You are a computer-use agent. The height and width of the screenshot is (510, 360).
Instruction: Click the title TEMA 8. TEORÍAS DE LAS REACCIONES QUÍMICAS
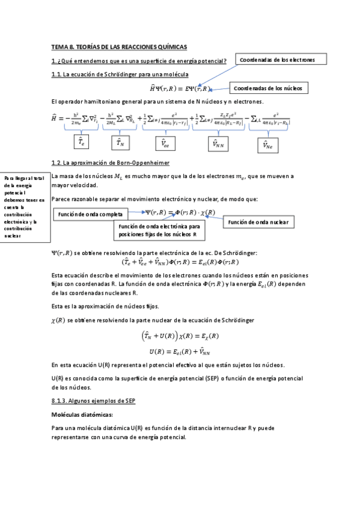coord(120,46)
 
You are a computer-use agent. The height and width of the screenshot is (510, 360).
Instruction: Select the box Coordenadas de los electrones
coord(282,60)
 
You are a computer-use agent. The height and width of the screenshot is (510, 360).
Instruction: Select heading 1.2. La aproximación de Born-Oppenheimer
coord(110,163)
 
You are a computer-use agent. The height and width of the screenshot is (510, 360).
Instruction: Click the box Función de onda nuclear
coord(258,223)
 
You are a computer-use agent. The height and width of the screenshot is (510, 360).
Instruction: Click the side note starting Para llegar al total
coord(25,207)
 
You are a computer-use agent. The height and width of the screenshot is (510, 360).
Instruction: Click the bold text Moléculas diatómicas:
coord(83,414)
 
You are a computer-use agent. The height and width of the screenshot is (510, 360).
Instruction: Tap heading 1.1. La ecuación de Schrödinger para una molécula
coord(120,74)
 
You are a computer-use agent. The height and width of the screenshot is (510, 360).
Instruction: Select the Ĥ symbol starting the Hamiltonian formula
coord(56,118)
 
